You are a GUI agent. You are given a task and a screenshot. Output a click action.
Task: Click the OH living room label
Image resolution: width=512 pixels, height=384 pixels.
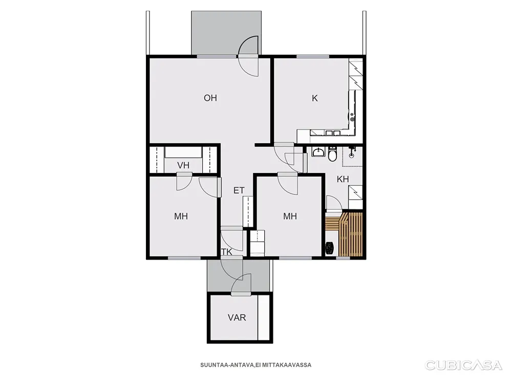coord(210,98)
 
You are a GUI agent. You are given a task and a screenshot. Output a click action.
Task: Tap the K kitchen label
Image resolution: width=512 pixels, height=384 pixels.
coord(315,98)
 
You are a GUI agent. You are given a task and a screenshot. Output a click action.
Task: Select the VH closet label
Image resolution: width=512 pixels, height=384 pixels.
coord(183,165)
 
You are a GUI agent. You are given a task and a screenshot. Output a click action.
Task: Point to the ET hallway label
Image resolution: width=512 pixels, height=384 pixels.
coord(239,190)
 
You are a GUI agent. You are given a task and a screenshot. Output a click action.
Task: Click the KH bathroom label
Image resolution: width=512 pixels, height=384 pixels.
coord(343,179)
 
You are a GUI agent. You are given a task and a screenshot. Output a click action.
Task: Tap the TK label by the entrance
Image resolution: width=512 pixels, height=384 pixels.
coord(227,252)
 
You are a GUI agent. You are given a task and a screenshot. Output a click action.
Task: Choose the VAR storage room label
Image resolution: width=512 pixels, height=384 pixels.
coord(237,317)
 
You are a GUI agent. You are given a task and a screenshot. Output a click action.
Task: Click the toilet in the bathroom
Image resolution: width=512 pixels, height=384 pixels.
coord(332,154)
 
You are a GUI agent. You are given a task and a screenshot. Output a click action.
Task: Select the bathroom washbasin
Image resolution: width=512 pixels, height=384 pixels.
coord(318,152)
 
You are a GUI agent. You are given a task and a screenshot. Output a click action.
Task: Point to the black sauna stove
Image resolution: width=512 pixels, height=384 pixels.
coord(330,248)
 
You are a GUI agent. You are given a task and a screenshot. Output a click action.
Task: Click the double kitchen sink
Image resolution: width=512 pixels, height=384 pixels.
coord(333,133)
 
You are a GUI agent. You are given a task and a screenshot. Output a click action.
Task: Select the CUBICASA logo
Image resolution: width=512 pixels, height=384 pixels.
coord(463,365)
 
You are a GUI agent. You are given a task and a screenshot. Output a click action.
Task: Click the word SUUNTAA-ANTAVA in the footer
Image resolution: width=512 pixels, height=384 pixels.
coord(227,365)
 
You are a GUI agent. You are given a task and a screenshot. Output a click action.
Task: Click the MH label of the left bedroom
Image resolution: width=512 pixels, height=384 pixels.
coord(181,216)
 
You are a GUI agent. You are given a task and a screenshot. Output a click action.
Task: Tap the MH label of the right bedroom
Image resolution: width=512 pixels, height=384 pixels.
coord(290,216)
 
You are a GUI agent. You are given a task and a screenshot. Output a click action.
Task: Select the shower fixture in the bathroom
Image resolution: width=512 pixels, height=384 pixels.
coord(352,152)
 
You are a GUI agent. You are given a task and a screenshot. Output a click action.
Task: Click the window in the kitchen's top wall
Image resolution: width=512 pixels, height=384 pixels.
coord(313,56)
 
